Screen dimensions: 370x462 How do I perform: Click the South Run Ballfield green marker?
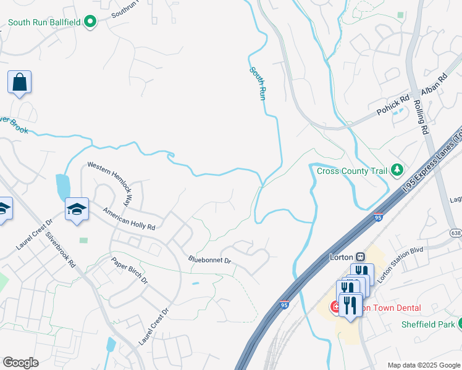90,23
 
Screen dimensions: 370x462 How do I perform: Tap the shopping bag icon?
19,82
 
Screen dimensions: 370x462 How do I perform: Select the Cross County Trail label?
351,171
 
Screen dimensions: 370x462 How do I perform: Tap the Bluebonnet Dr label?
209,261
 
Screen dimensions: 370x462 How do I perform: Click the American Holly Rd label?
129,218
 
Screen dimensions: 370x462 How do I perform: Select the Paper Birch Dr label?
130,270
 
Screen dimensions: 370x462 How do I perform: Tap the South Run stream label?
258,84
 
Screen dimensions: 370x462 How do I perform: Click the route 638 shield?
456,232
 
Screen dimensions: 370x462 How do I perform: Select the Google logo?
20,363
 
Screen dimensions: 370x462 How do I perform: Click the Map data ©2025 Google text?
423,365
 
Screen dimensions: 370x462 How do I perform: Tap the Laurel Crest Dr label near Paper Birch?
154,327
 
